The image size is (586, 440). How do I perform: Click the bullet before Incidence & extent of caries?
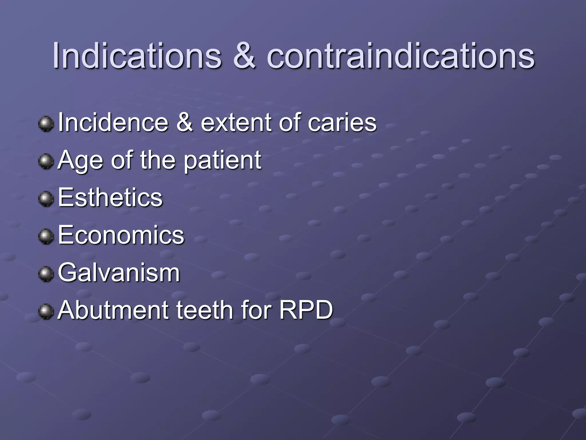point(46,124)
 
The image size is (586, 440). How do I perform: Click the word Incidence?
point(113,123)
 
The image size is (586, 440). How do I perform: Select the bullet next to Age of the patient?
point(46,161)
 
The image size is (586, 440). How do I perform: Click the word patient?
point(222,160)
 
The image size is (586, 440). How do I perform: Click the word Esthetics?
point(110,197)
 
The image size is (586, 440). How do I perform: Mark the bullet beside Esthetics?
point(46,199)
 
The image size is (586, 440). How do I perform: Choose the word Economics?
point(121,235)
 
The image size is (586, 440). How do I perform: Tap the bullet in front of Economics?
point(46,236)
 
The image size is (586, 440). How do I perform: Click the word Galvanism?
point(119,272)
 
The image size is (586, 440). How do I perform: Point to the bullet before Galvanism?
point(46,274)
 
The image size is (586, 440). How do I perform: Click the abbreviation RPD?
point(306,310)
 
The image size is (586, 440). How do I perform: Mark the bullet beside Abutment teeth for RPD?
point(46,311)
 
